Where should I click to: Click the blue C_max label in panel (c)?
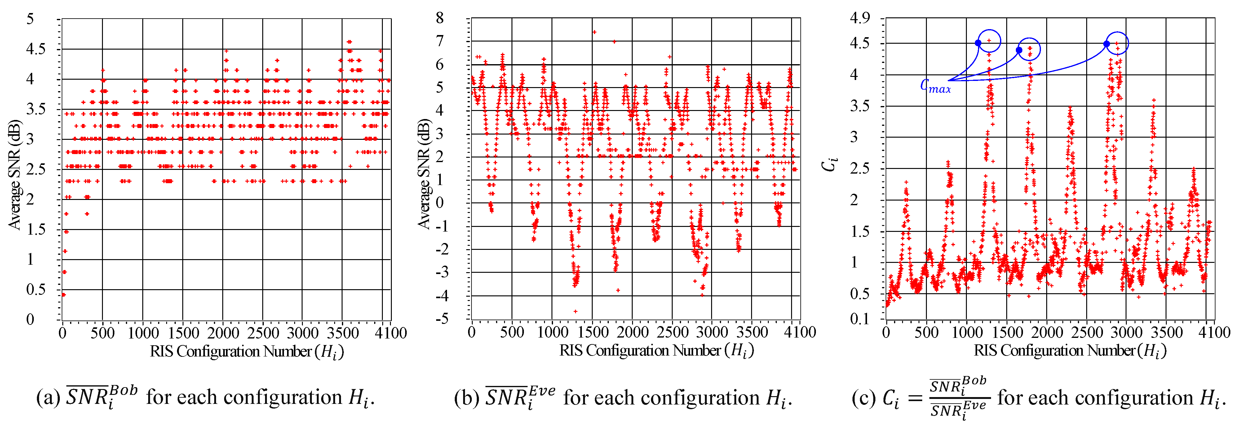pos(935,86)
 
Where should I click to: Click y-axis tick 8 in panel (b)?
pos(440,18)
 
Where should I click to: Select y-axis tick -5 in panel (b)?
pos(441,319)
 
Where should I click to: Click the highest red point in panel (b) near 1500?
pos(594,32)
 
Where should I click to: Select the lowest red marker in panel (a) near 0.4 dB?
pos(64,295)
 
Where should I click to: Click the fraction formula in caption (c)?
pos(959,398)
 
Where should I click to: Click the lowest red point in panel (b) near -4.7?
pos(575,312)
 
